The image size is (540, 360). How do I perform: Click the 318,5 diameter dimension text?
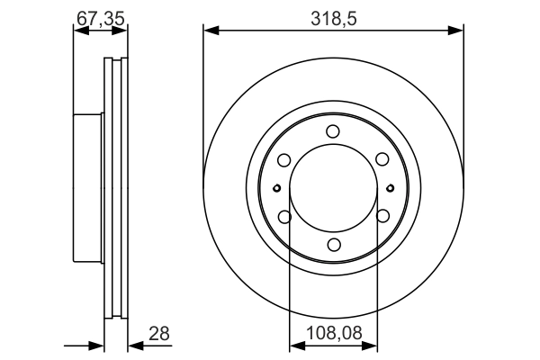[x=333, y=16]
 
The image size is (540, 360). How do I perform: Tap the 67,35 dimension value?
[x=100, y=16]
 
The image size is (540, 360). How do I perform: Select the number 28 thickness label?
[x=159, y=334]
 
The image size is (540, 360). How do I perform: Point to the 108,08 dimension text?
[x=334, y=334]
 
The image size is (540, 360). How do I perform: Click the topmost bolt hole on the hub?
[x=333, y=132]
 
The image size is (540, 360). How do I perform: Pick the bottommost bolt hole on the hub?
[x=333, y=245]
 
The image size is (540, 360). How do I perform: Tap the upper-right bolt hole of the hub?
[x=382, y=160]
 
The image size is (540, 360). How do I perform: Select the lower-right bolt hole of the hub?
[x=382, y=217]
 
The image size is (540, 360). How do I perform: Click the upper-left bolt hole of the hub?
[x=284, y=160]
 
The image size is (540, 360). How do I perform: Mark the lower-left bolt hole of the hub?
[x=284, y=217]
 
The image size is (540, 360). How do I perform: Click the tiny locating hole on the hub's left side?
[x=276, y=188]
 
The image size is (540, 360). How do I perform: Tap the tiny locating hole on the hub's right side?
[x=390, y=188]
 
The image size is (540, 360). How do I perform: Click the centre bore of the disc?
[x=333, y=188]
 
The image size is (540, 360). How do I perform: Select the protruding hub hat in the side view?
[x=88, y=188]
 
